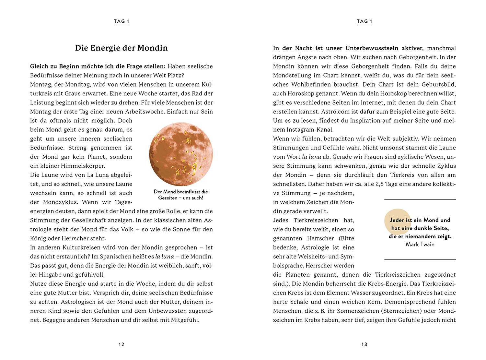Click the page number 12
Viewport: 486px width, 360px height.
click(121, 344)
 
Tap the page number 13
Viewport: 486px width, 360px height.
click(364, 344)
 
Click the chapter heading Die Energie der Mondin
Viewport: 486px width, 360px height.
click(121, 48)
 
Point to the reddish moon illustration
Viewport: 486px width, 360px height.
click(181, 154)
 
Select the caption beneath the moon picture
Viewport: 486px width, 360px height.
click(181, 195)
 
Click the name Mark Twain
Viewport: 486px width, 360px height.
click(420, 245)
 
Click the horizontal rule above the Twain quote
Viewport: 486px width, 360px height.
click(420, 199)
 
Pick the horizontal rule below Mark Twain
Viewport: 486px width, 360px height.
click(420, 259)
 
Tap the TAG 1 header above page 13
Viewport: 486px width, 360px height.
click(364, 21)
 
